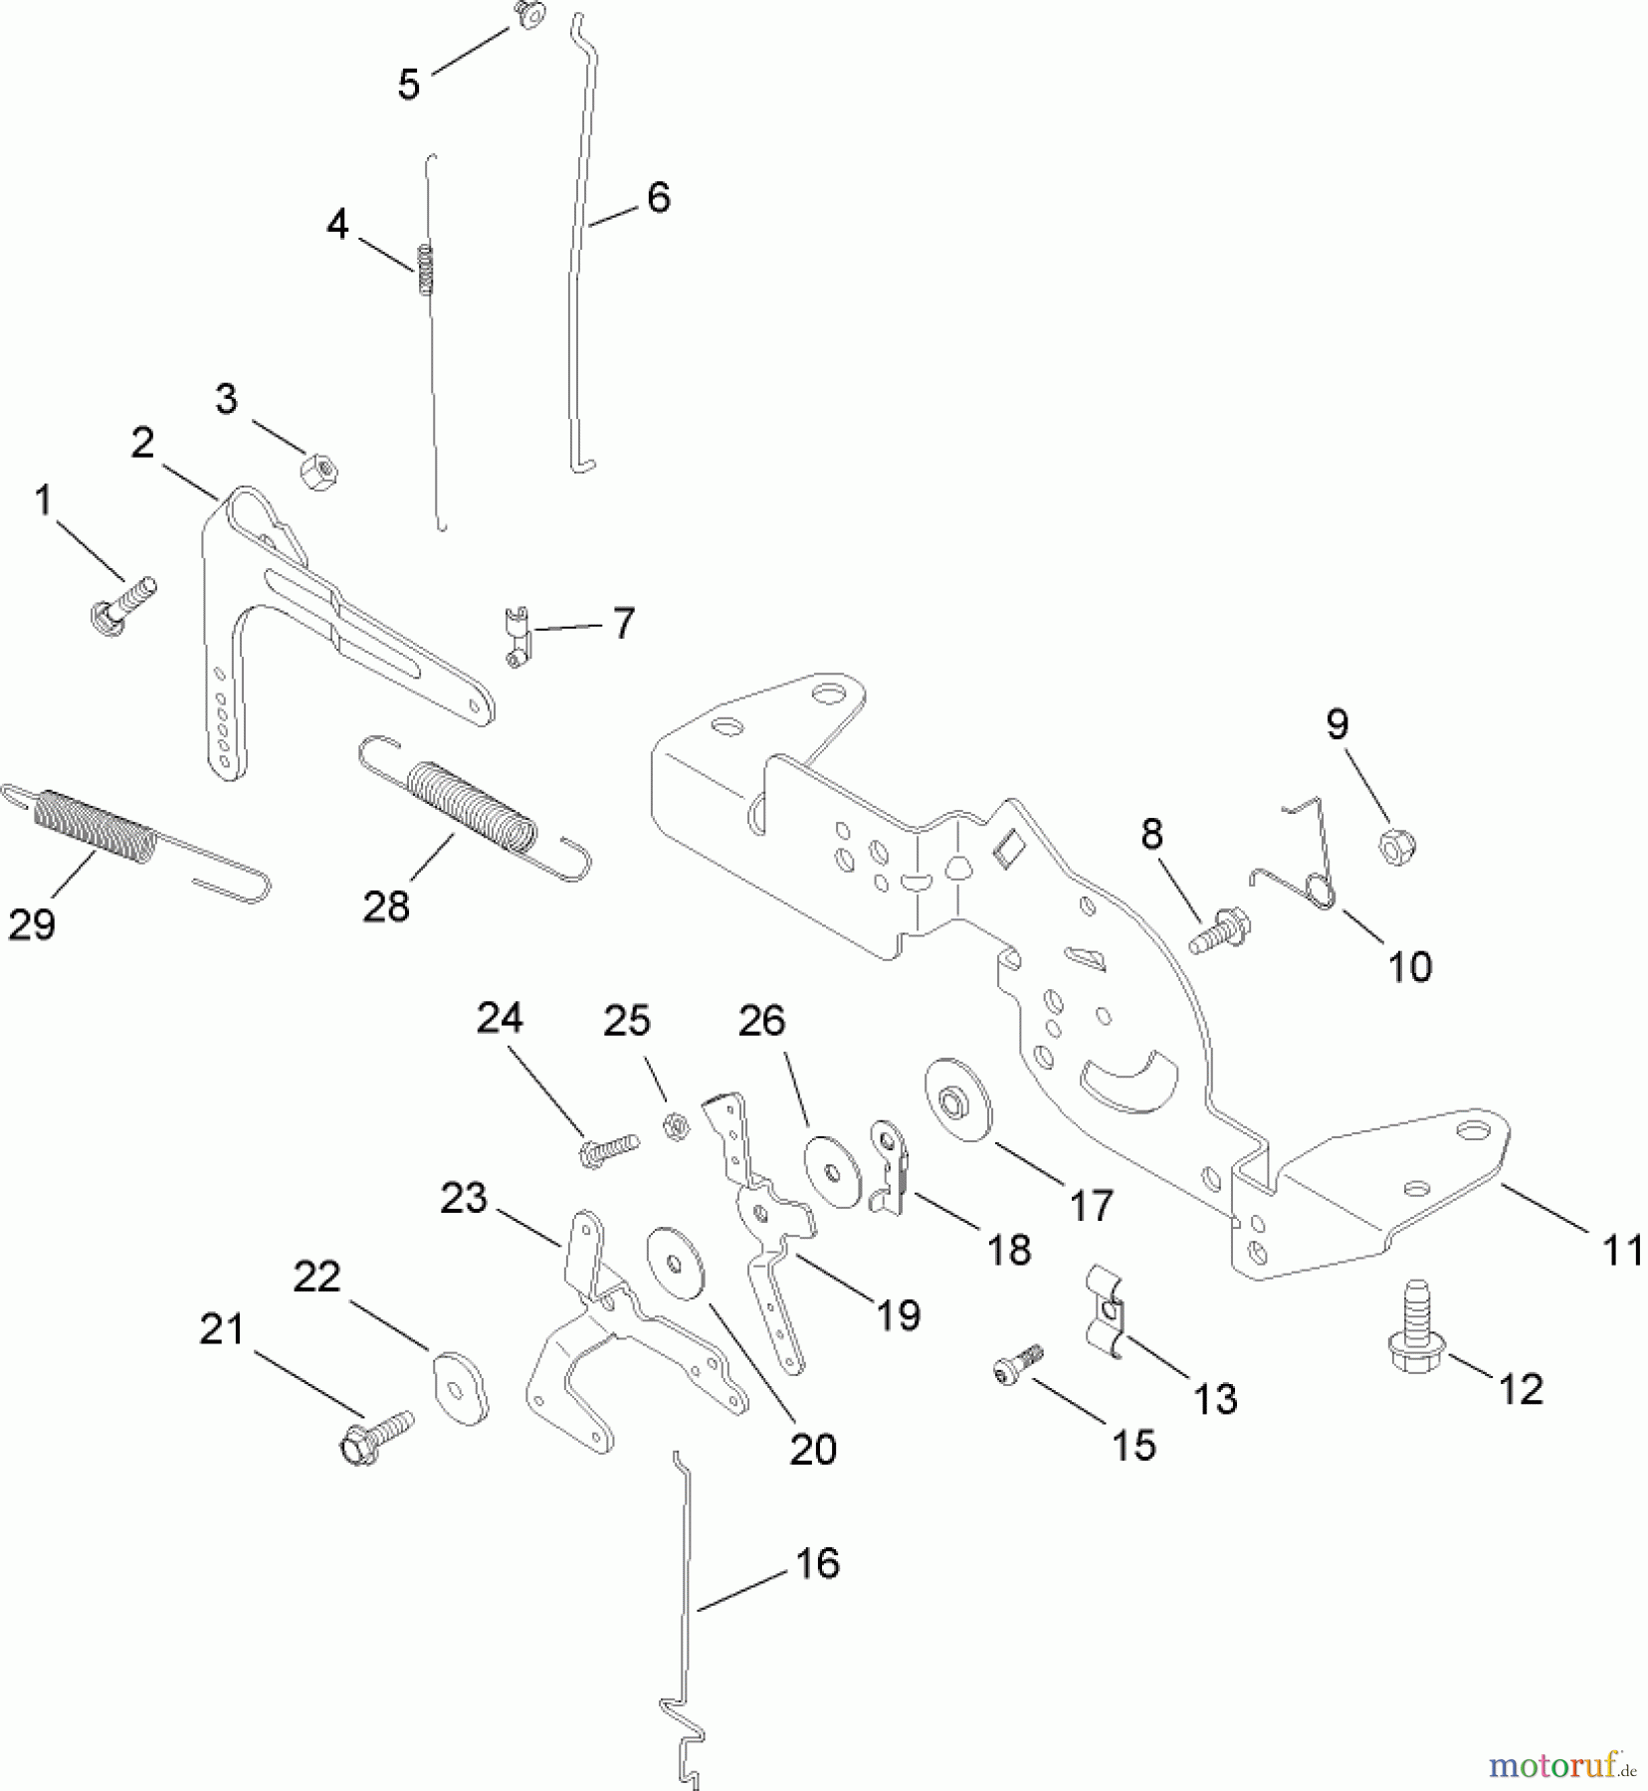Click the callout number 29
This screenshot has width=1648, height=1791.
pos(31,924)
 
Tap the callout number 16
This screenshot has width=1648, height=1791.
pos(817,1563)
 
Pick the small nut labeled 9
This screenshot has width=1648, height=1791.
pos(1395,847)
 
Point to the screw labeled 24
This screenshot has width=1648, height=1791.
pos(605,1148)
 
